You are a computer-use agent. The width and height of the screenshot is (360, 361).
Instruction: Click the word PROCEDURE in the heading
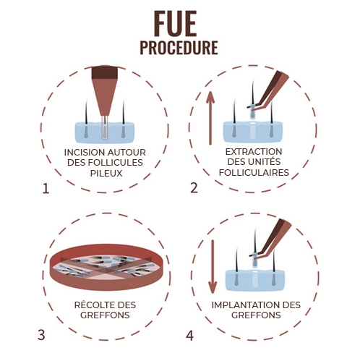click(179, 48)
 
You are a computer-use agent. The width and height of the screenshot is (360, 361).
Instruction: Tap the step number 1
click(46, 190)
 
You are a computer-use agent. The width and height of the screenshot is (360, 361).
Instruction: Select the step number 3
click(41, 335)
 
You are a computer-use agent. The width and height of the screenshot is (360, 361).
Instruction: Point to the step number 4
click(189, 335)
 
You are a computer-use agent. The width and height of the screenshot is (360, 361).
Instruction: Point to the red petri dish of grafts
click(108, 266)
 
